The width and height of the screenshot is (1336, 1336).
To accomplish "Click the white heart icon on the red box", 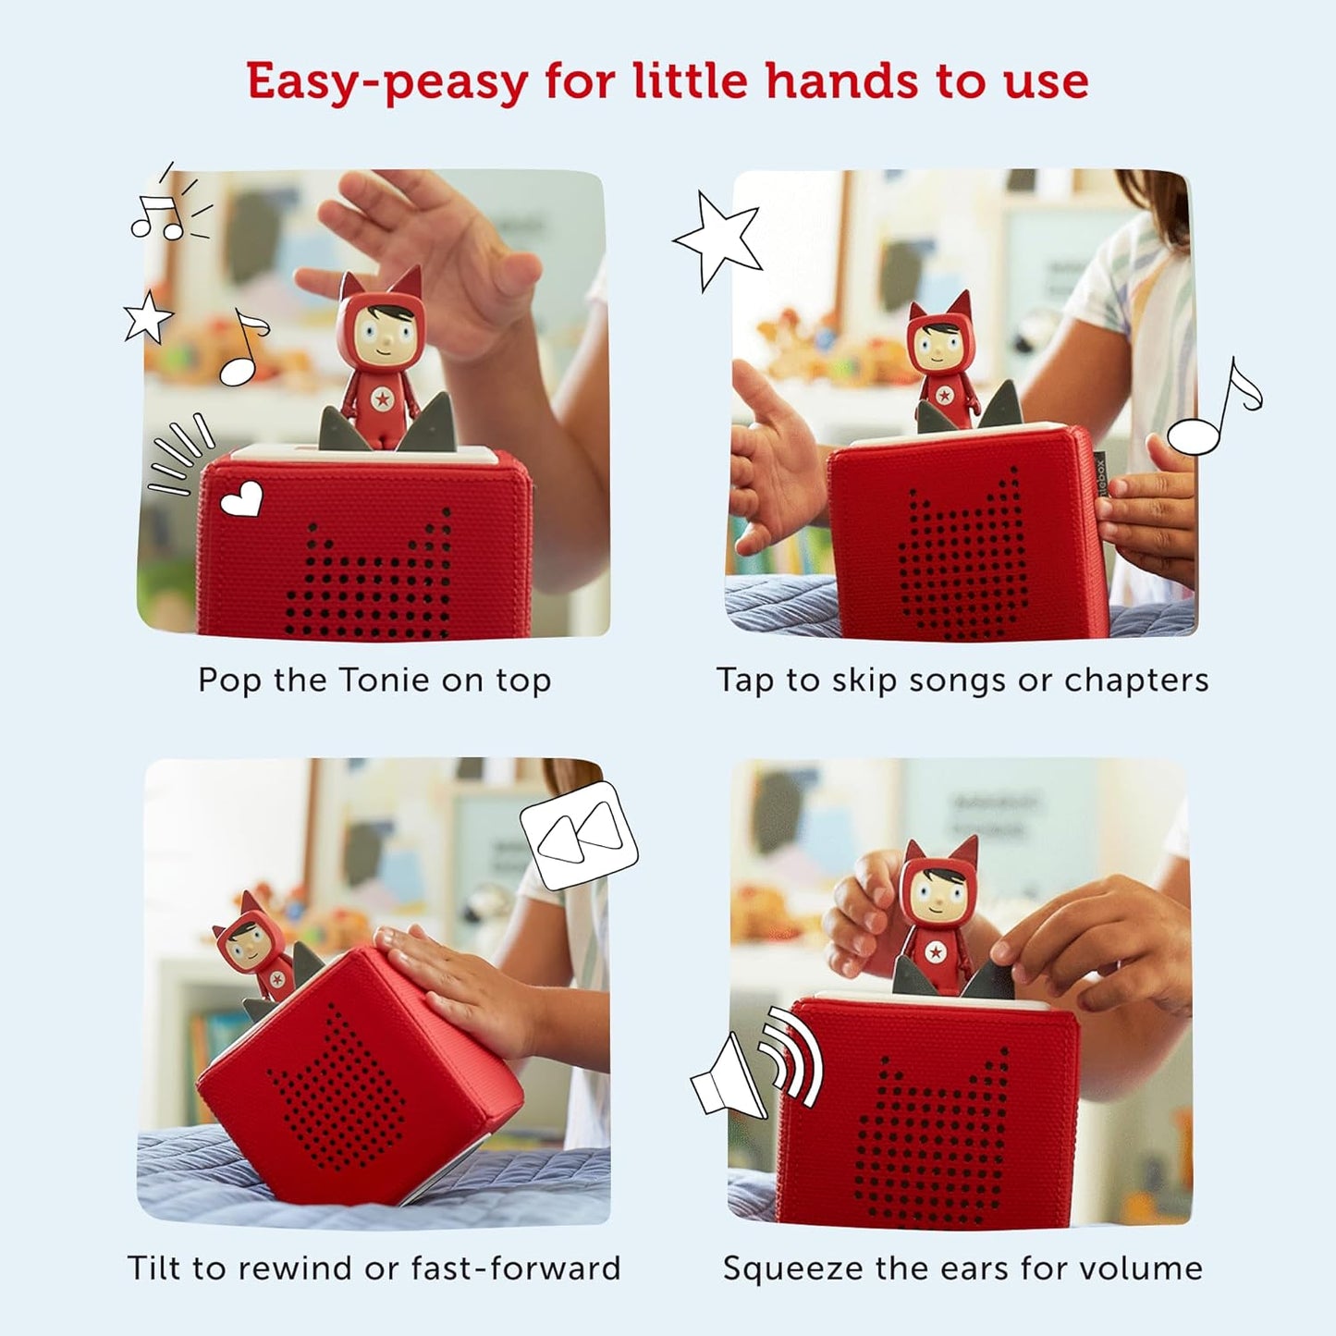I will point(242,500).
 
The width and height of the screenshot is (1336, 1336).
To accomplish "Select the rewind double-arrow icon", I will point(580,835).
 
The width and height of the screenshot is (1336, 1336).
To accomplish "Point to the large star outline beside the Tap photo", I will point(719,239).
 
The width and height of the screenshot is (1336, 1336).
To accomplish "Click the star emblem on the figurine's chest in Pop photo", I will point(381,399).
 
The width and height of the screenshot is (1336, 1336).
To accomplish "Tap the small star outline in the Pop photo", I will point(149,317).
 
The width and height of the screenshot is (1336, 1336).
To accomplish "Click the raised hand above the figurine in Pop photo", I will point(435,250).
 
